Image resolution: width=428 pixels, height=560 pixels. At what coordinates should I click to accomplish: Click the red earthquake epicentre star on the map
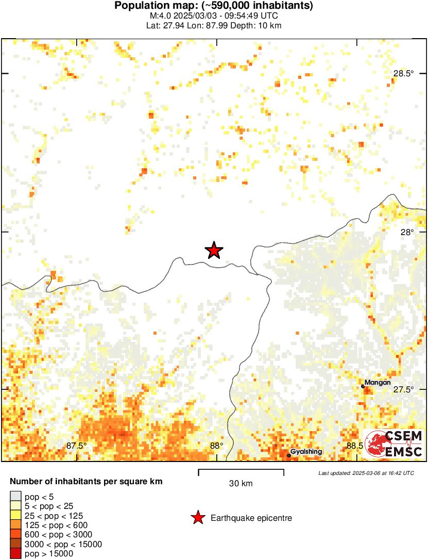pos(214,251)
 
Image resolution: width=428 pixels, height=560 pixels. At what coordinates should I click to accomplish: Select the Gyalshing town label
pos(306,452)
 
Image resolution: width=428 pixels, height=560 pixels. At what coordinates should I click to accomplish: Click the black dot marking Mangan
pos(363,386)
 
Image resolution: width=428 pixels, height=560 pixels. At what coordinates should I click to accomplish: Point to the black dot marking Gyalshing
pos(288,455)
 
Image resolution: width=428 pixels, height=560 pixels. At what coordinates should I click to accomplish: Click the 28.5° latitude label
pos(403,73)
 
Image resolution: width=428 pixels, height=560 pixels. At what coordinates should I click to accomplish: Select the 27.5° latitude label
pos(403,389)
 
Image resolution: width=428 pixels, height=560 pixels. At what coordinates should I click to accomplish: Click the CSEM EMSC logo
pos(394,443)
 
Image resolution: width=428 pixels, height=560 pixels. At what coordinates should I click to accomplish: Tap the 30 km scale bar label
pos(241,483)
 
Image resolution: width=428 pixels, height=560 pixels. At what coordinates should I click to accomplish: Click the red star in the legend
pos(198,518)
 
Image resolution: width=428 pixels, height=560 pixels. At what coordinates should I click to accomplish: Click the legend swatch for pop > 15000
pos(15,553)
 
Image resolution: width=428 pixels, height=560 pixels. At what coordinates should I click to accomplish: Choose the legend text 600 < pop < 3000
pos(56,534)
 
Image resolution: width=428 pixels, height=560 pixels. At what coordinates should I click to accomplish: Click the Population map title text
pos(214,6)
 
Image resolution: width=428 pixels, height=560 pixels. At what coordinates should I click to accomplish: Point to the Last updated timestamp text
pos(366,473)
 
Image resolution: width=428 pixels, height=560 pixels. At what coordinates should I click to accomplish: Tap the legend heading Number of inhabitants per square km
pos(87,482)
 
